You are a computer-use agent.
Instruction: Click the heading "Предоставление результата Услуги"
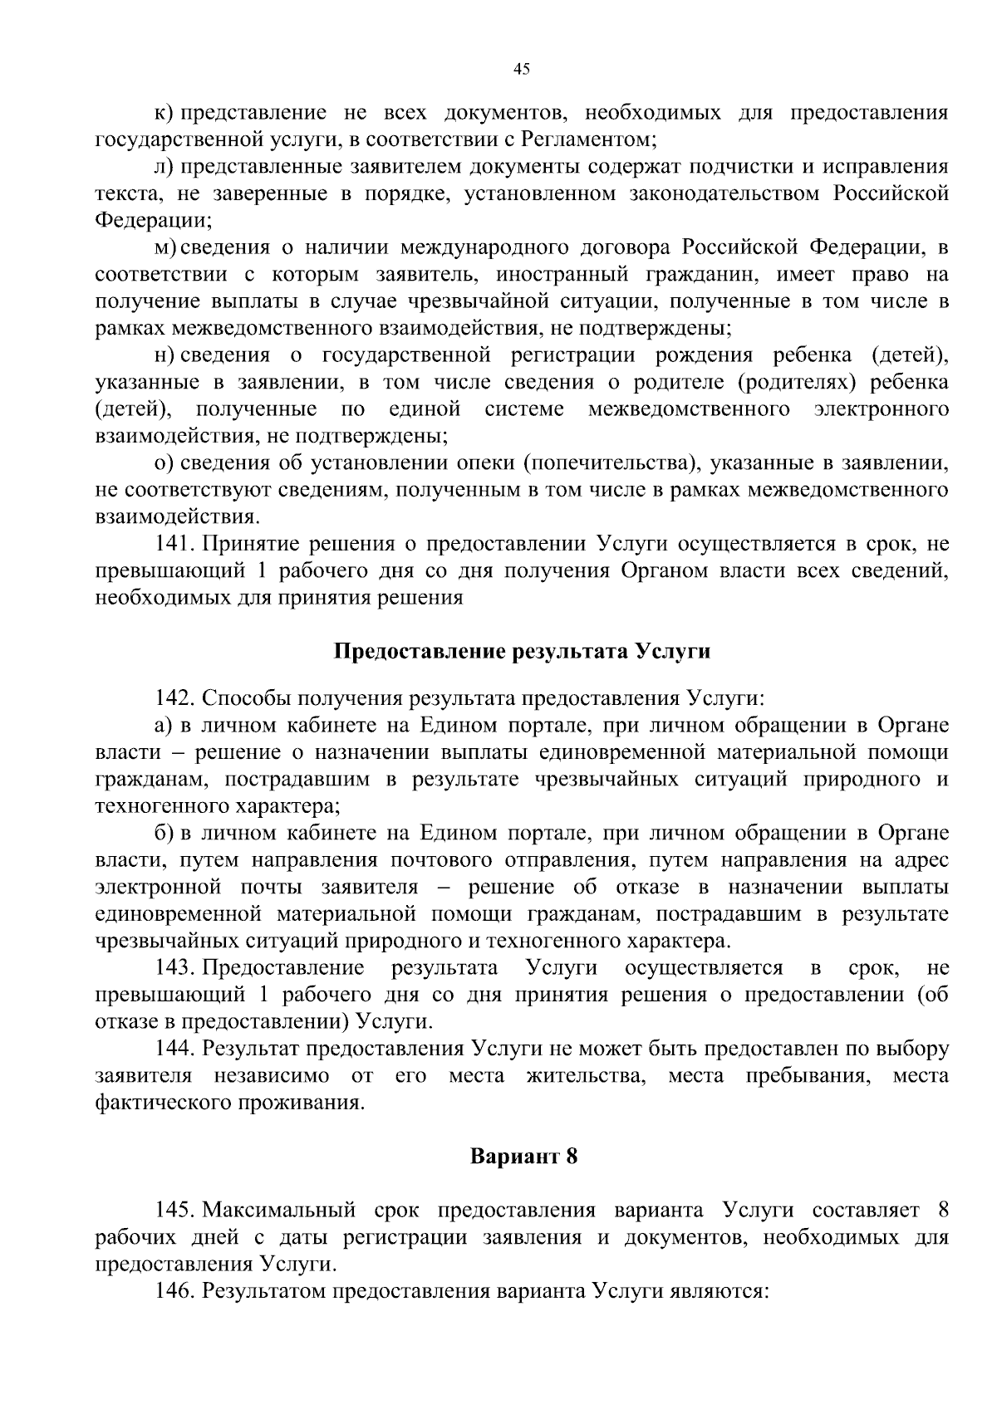point(522,651)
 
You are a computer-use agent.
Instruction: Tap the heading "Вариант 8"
point(523,1156)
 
